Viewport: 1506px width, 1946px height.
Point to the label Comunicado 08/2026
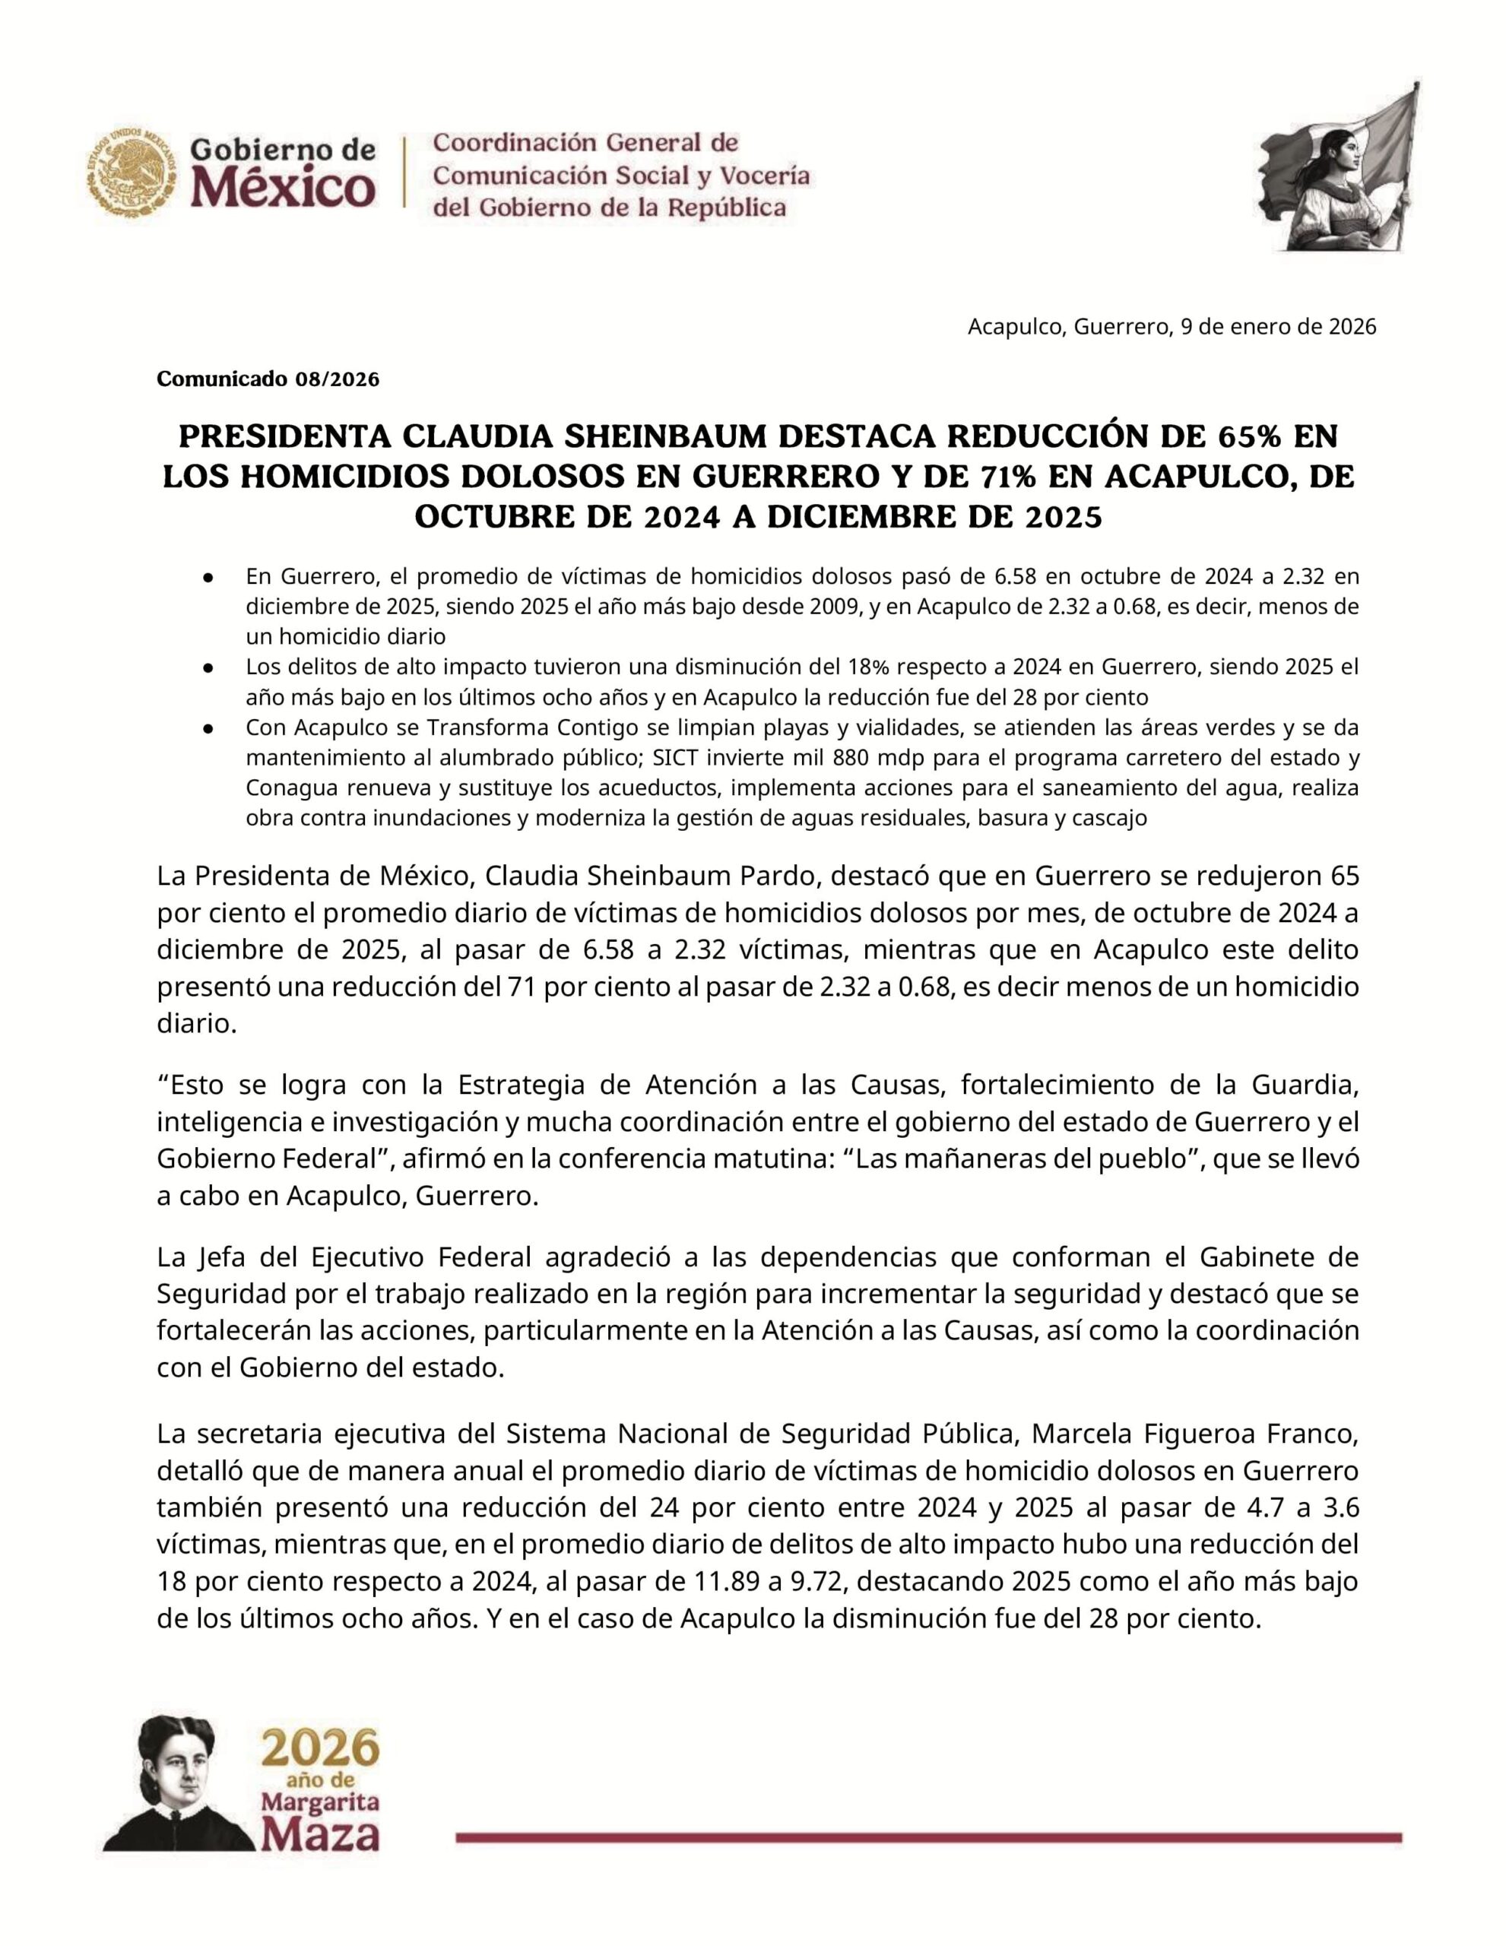point(268,379)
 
